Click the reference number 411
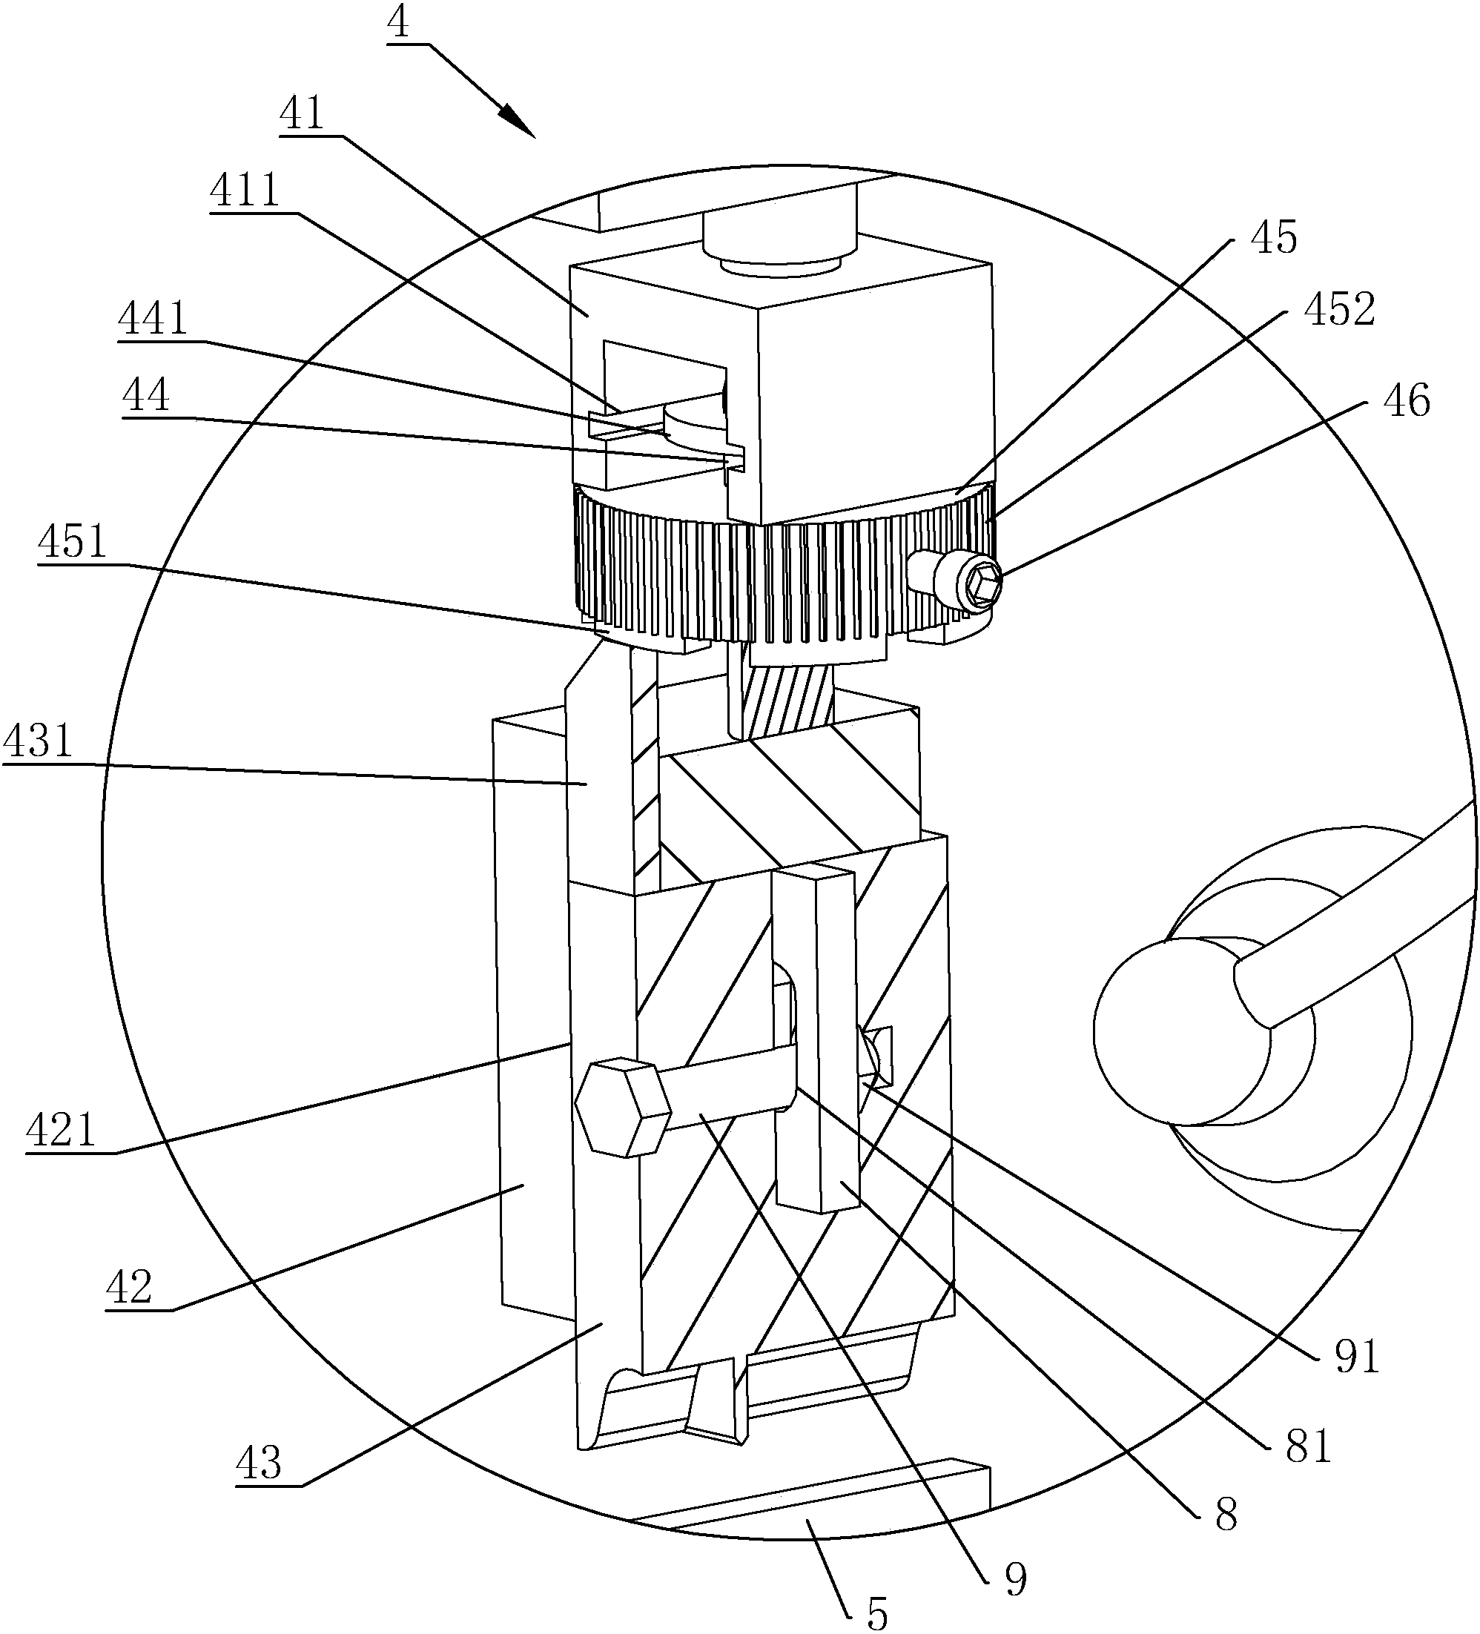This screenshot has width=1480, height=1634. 245,191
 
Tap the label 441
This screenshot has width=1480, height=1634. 153,319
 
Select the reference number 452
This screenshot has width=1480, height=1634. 1339,309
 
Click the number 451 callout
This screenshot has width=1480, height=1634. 72,540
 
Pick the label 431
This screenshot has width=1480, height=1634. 38,741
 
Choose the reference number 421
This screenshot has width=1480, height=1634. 61,1129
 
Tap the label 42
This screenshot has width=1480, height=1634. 129,1286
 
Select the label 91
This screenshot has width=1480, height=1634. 1357,1356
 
